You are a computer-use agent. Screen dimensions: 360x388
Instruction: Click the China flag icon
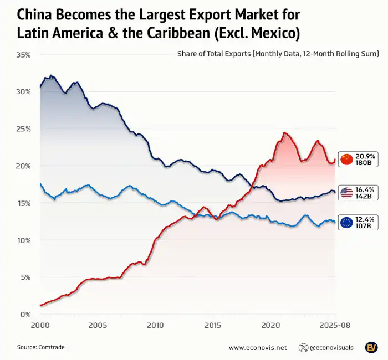(x=347, y=160)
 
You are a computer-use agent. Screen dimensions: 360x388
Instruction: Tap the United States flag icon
(x=347, y=193)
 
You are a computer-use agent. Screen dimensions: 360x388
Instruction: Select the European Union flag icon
(x=347, y=223)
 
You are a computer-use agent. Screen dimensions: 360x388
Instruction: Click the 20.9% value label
(x=366, y=156)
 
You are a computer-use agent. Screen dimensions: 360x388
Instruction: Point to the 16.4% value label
(x=366, y=189)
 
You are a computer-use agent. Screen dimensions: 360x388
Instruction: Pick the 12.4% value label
(x=366, y=219)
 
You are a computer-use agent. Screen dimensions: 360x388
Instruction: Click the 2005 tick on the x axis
(x=98, y=325)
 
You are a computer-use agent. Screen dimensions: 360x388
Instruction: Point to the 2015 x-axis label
(x=212, y=325)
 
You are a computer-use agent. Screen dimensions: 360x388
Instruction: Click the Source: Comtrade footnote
(x=41, y=347)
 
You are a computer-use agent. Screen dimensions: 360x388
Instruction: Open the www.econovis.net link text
(x=258, y=348)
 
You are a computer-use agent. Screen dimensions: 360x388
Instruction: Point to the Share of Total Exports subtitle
(x=278, y=54)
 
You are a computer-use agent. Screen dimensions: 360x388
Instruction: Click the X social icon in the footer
(x=303, y=348)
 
